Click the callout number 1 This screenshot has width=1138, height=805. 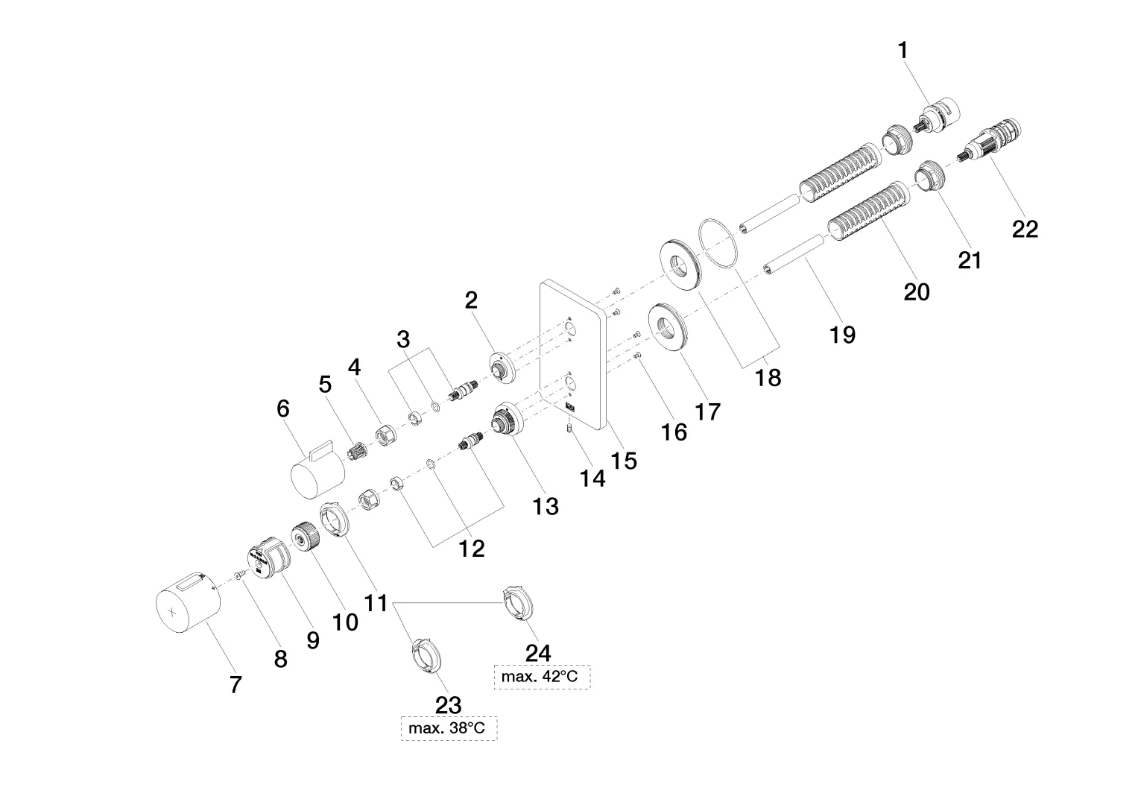[x=903, y=51]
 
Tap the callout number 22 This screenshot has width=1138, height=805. [x=1025, y=230]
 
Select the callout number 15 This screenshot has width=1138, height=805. [x=623, y=461]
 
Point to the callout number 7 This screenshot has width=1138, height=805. [x=235, y=684]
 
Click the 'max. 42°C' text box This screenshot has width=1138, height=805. [x=542, y=677]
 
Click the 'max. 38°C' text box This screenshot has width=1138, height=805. [x=449, y=728]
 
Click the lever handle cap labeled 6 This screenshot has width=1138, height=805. [x=318, y=469]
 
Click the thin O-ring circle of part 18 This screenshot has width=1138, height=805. [x=718, y=244]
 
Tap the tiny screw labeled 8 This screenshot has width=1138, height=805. [x=238, y=574]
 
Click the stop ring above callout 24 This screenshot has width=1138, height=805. [x=518, y=604]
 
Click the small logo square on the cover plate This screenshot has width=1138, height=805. [x=569, y=406]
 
